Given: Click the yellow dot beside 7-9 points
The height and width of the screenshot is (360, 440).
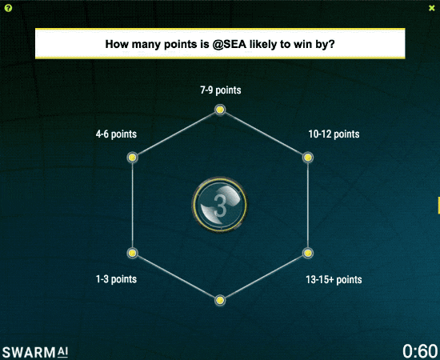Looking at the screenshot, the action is coord(220,110).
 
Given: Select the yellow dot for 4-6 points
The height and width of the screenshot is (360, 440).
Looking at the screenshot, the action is coord(132,158).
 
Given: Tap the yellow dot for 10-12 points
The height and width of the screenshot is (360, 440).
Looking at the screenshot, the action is coord(308,158).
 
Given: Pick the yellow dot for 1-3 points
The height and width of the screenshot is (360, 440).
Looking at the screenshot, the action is coord(132,253).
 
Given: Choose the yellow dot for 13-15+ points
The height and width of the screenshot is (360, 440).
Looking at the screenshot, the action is coord(308,253).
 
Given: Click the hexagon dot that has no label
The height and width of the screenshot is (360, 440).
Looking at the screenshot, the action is coord(220,301).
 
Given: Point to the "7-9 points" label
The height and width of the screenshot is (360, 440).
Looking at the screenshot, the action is coord(221,90).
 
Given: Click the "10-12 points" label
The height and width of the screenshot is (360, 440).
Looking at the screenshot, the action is coord(334,134).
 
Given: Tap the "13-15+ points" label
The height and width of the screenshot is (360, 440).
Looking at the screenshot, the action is coord(334,279).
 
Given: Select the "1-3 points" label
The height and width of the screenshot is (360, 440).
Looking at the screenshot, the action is coord(116,279).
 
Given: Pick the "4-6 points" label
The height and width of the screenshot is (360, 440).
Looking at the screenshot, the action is coord(116,134).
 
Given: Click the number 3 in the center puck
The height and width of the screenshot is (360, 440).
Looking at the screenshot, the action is coord(220,206).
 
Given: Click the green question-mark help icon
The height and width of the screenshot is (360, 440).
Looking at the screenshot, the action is coord(9,8).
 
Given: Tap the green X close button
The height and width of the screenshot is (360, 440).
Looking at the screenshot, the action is coord(431,8).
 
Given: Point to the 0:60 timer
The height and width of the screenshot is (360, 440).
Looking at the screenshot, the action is coord(420,350).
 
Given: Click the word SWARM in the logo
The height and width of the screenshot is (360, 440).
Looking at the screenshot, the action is coord(29,353).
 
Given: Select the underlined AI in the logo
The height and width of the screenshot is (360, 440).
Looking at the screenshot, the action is coord(63,352).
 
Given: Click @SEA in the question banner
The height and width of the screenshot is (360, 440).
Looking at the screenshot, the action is coord(230,44).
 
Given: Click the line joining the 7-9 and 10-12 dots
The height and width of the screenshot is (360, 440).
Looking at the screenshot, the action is coord(264,134).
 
